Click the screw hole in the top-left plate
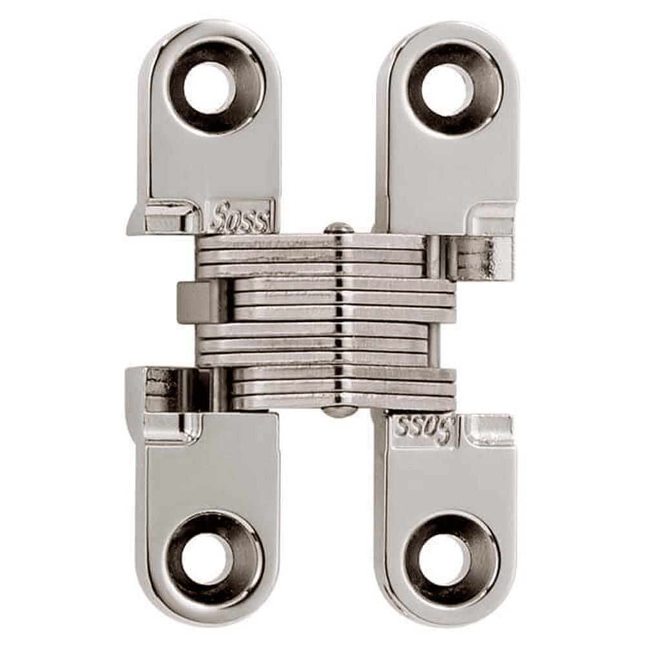[208, 88]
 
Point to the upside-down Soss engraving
[423, 430]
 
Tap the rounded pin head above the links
[339, 228]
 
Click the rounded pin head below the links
[339, 411]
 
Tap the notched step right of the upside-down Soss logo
[487, 430]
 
